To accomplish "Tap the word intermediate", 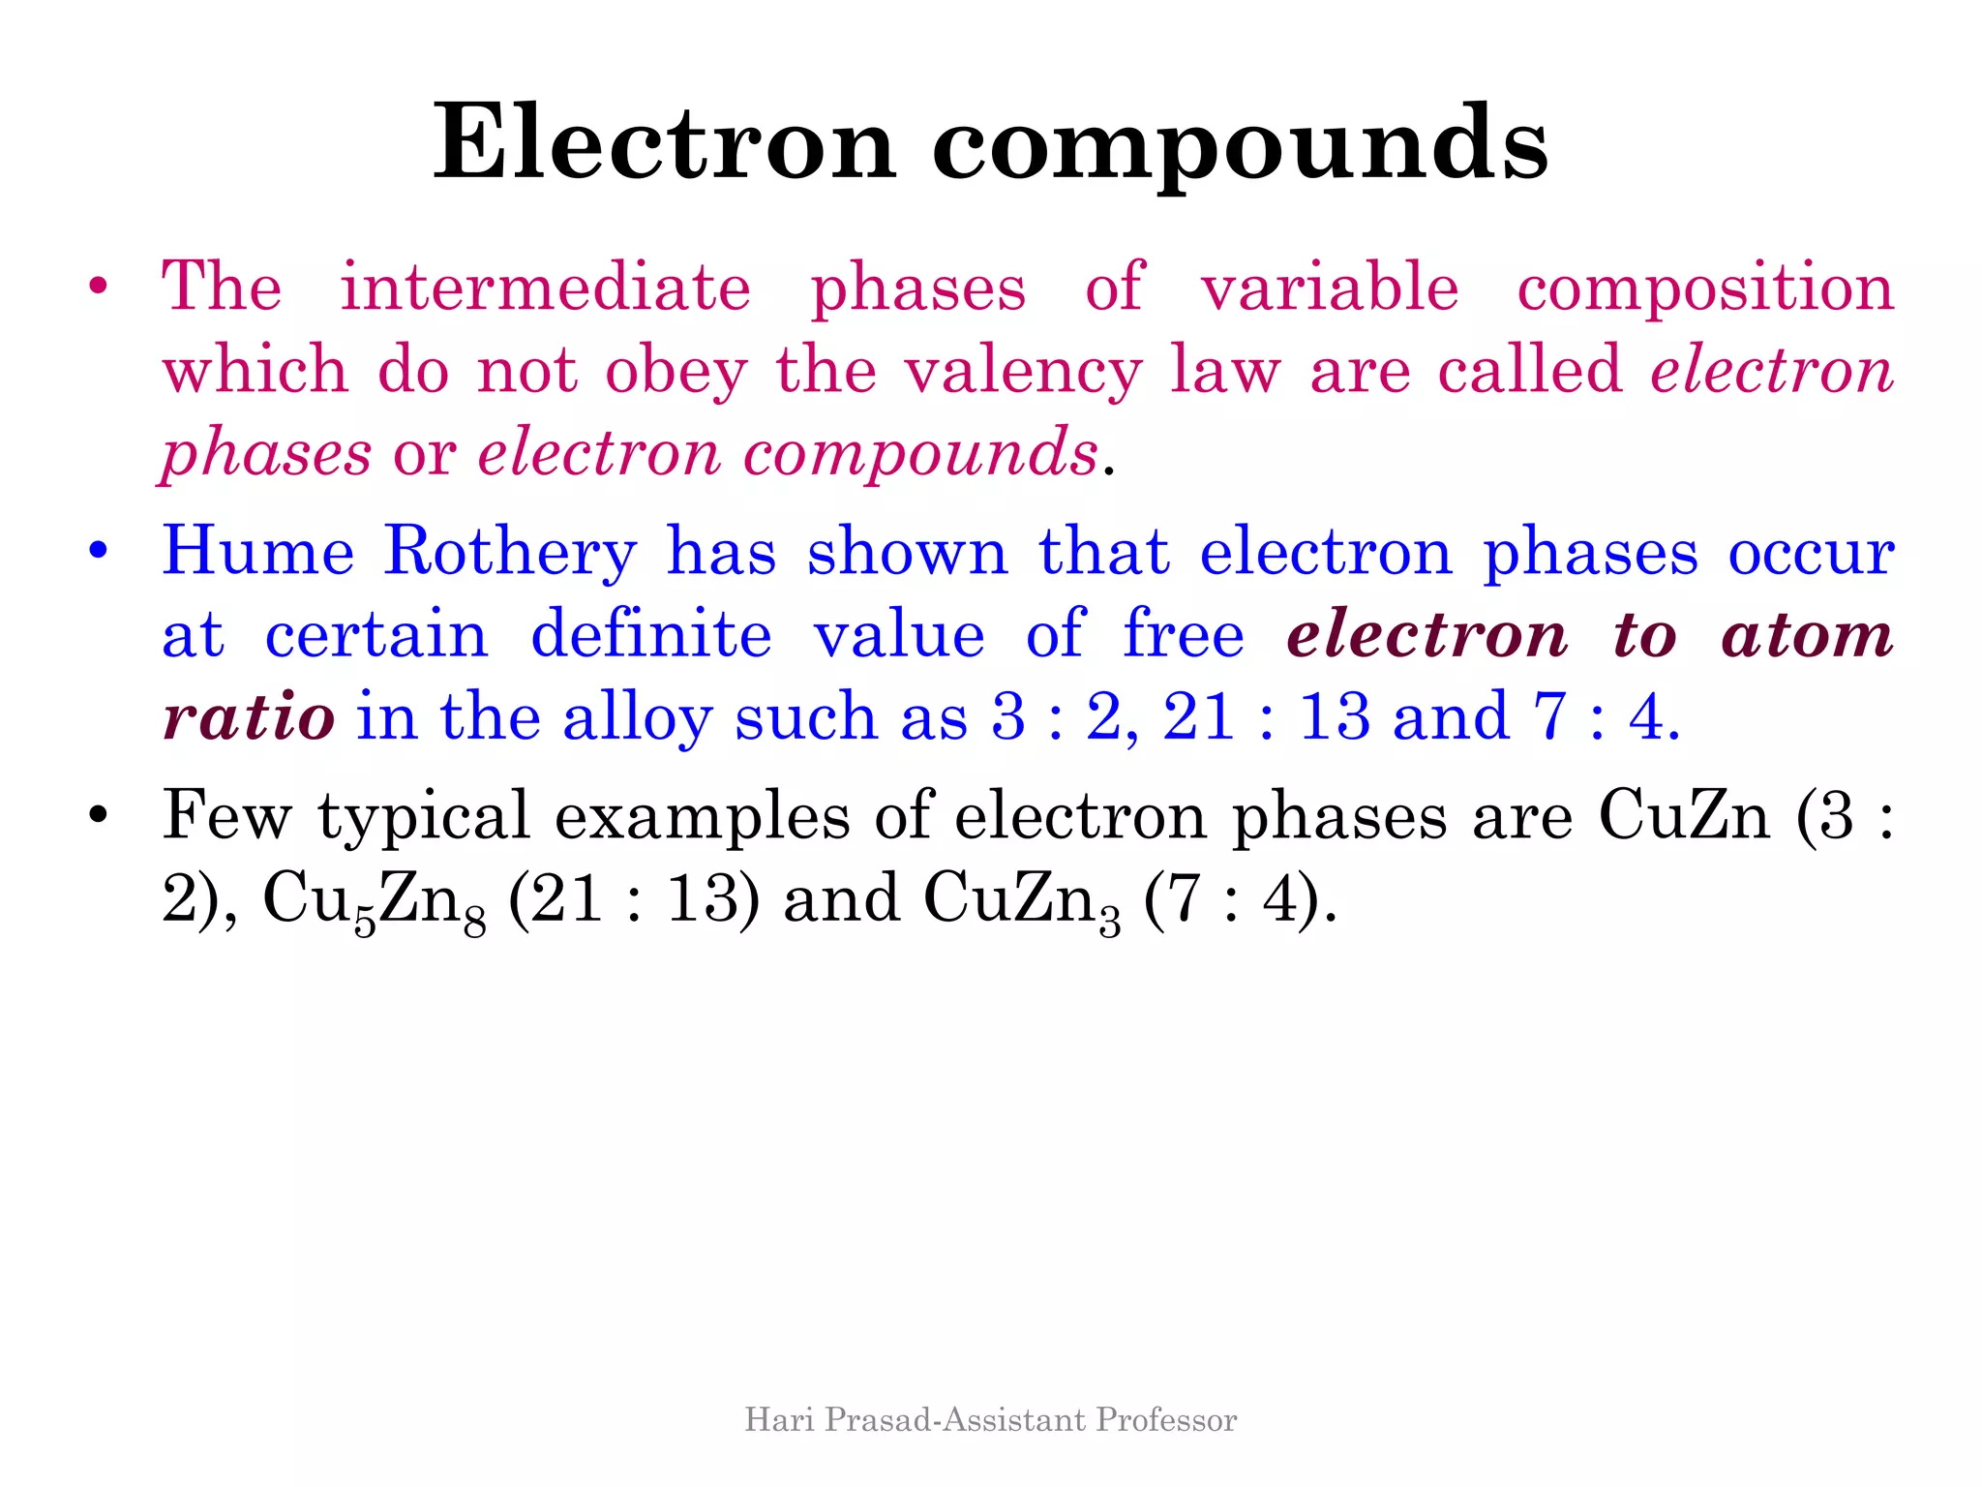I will click(x=545, y=288).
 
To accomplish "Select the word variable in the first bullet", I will click(x=1329, y=288).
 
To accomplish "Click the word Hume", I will click(x=258, y=551).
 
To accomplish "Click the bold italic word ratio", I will click(x=249, y=717).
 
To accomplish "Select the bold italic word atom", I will click(x=1807, y=635).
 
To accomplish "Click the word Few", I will click(x=226, y=814).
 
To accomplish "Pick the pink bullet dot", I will click(x=97, y=288).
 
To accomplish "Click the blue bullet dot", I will click(x=97, y=552).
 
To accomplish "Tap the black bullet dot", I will click(x=97, y=815).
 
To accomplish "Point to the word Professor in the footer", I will click(x=1166, y=1420).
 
